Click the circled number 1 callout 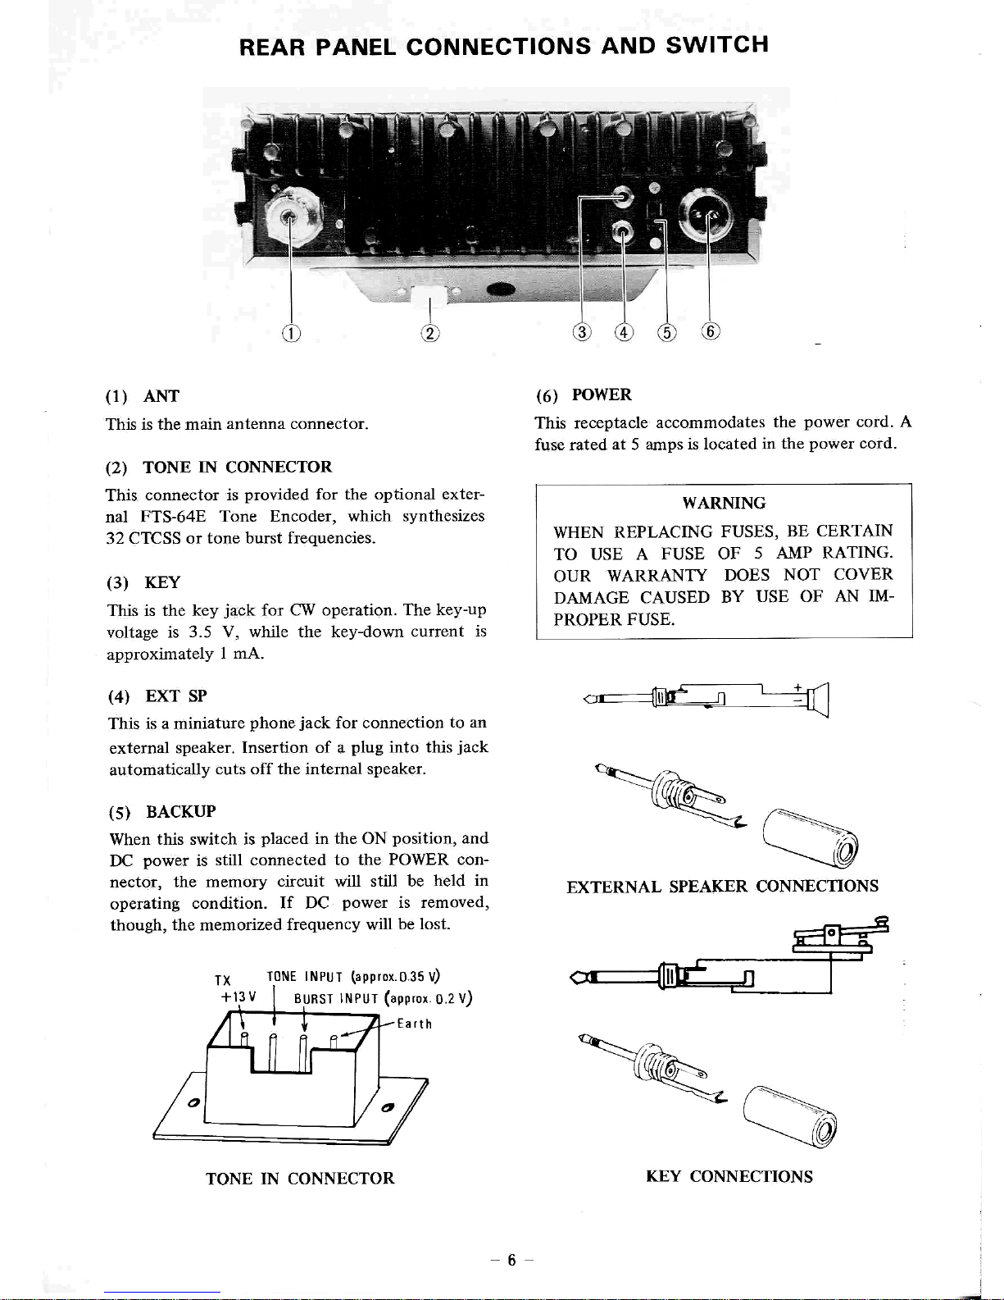point(291,333)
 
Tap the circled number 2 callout point(429,333)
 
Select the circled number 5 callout point(666,332)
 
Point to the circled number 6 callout point(710,331)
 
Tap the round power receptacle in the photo point(708,217)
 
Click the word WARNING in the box point(724,503)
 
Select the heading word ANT point(161,396)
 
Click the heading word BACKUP point(180,811)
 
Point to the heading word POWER point(602,395)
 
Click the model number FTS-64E point(173,516)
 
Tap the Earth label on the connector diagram point(414,1024)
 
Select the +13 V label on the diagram point(239,997)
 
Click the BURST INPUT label point(336,998)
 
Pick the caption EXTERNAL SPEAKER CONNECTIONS point(722,886)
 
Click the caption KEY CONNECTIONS point(729,1176)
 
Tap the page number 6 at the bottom point(511,1261)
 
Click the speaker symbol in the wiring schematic point(818,700)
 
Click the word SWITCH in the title point(717,45)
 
